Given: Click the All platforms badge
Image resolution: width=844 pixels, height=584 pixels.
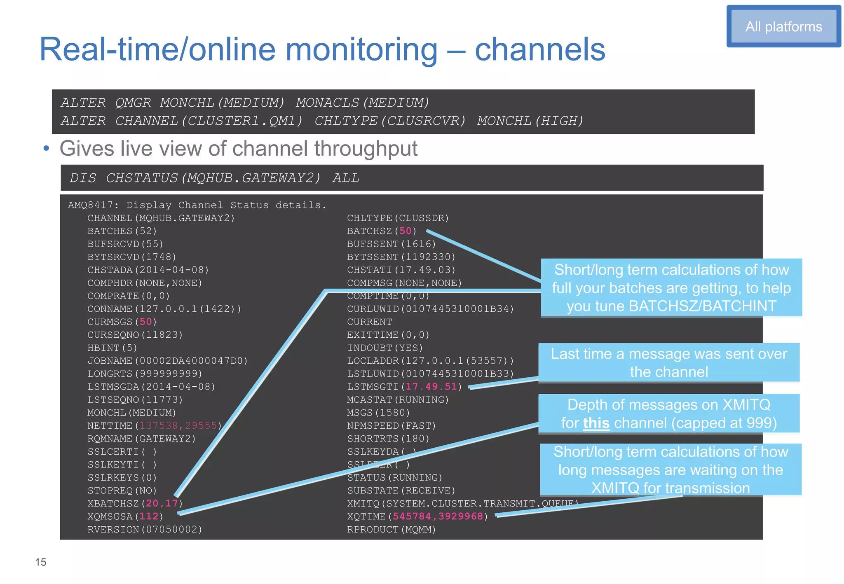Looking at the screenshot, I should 783,27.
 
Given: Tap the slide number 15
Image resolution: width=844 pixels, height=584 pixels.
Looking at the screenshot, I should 41,562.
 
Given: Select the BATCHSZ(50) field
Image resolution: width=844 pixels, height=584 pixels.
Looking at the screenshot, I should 382,231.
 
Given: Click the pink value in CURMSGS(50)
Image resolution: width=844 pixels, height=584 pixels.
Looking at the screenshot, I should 145,322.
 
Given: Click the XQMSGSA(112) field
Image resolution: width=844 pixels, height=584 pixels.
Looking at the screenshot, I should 125,516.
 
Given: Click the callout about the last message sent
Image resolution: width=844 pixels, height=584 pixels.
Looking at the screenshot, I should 668,363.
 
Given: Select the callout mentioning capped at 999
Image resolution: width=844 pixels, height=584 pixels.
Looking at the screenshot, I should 668,414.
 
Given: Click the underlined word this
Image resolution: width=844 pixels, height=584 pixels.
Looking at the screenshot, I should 596,423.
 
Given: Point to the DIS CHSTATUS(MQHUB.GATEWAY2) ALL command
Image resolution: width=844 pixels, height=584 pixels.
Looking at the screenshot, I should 214,178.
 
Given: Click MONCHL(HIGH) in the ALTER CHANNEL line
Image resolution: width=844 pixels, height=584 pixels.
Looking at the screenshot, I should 530,121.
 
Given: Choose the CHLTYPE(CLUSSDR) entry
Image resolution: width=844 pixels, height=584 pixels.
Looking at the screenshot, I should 398,218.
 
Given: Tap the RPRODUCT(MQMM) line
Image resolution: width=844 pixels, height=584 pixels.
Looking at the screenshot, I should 391,530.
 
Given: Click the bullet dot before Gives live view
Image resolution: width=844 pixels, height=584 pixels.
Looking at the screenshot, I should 47,149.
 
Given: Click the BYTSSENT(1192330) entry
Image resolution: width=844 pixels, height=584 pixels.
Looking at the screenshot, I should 401,257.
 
